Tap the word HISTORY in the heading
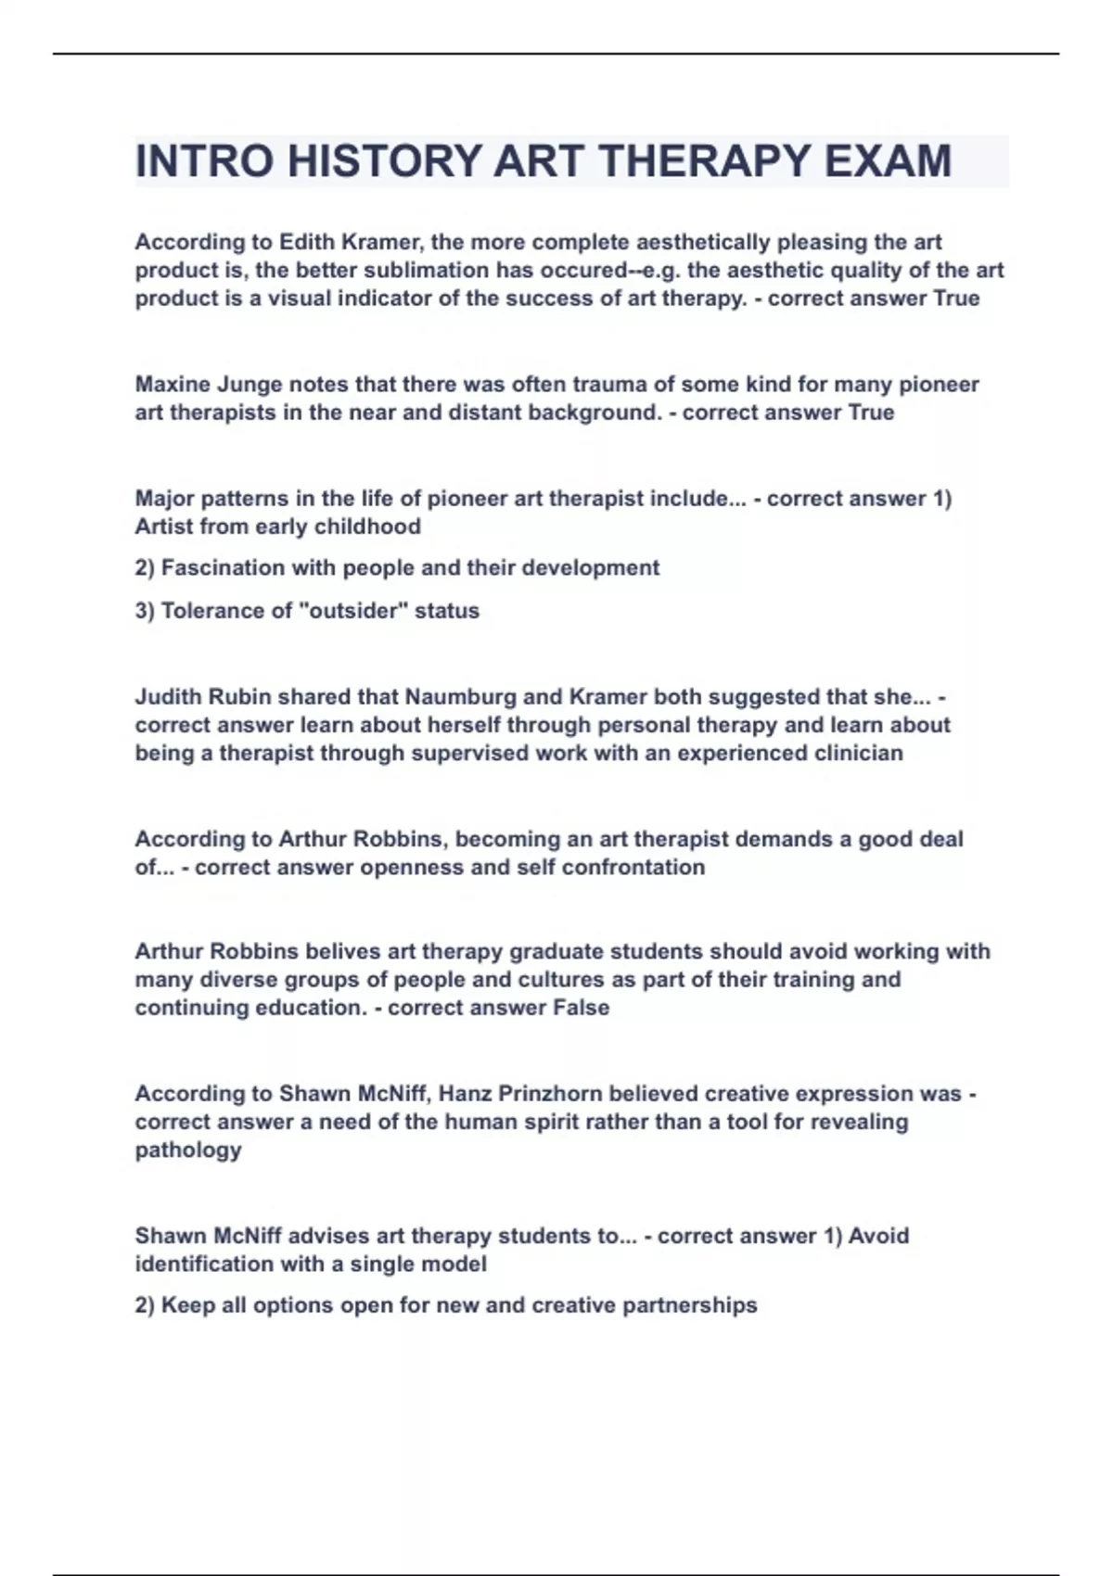[x=384, y=161]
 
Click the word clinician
[x=858, y=753]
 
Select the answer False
[x=581, y=1008]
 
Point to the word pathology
[x=188, y=1150]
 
